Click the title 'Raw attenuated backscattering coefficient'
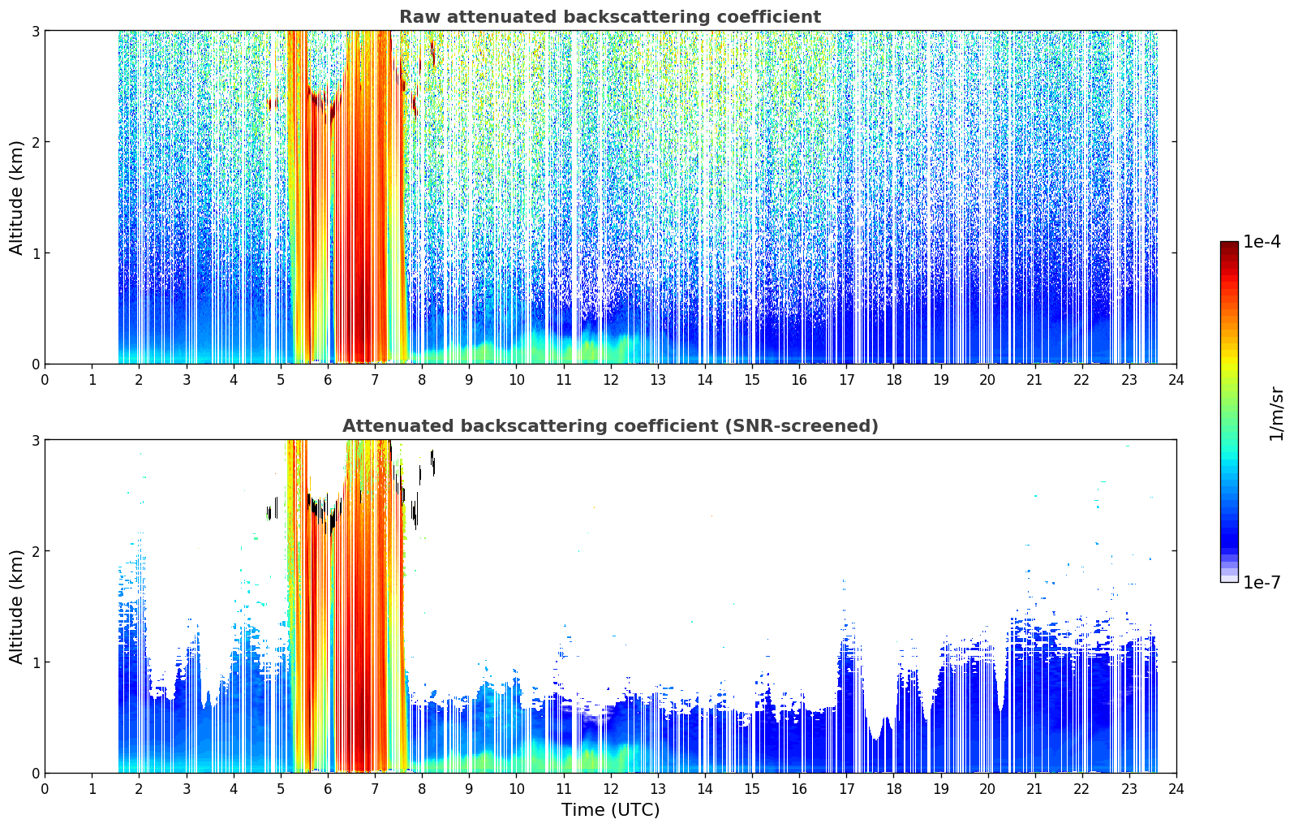(610, 17)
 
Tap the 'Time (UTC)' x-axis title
(610, 810)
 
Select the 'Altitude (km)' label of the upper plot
(16, 197)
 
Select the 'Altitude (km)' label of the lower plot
(16, 606)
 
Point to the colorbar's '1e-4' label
(1262, 242)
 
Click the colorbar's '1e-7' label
(1262, 582)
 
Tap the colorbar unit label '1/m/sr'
(1276, 414)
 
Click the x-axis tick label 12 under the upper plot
(611, 380)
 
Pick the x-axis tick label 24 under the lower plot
(1176, 789)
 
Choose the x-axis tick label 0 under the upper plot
(45, 380)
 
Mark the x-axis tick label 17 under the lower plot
(846, 789)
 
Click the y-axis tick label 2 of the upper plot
(35, 142)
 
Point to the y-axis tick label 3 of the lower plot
(35, 440)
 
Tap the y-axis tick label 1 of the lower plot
(35, 662)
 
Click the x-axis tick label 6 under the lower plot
(328, 789)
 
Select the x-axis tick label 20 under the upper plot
(988, 380)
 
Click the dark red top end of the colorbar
(1229, 245)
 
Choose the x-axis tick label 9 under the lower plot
(469, 789)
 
